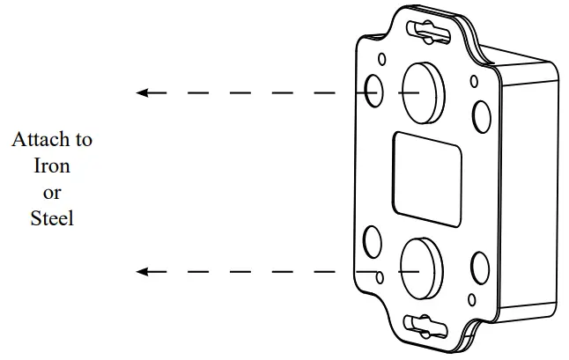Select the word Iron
pos(51,165)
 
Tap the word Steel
pos(52,218)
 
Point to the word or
pos(52,192)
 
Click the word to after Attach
pos(82,139)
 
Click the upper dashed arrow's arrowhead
pos(143,92)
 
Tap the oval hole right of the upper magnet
pos(481,114)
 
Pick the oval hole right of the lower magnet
pos(480,266)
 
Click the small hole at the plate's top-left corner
pos(381,59)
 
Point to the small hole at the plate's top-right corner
pos(474,81)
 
